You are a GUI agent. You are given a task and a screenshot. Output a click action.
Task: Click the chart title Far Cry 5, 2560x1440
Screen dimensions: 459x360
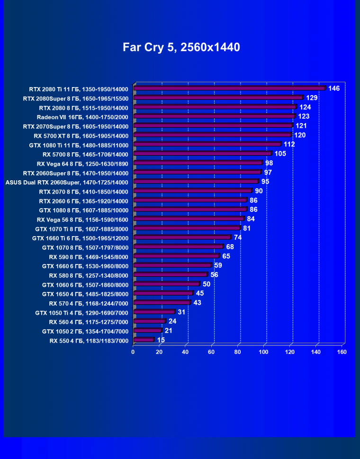[181, 47]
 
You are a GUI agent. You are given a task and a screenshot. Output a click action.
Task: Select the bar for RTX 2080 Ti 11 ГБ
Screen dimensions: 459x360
[230, 88]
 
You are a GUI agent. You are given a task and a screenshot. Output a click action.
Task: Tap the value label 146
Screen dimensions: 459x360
[334, 88]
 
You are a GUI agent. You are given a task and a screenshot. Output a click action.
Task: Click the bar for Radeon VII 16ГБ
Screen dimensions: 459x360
[215, 116]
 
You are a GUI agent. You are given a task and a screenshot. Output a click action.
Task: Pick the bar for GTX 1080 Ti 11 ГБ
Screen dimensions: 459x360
[207, 144]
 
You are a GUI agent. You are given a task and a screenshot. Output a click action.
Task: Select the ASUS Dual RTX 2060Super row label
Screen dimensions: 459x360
[67, 182]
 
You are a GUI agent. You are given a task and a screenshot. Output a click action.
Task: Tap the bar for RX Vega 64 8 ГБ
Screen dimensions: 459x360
[198, 163]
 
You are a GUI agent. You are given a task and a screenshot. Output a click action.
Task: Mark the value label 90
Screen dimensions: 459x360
[259, 191]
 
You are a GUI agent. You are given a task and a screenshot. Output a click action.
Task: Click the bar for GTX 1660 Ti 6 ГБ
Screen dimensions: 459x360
[182, 237]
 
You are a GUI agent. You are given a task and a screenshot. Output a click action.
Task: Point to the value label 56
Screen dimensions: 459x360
[214, 274]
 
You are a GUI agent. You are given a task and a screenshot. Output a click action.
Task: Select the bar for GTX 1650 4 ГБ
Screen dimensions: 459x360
[163, 293]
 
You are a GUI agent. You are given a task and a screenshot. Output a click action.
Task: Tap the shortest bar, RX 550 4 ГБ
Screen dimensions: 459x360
[144, 340]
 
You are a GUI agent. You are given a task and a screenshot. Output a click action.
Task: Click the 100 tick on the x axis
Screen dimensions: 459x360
[264, 352]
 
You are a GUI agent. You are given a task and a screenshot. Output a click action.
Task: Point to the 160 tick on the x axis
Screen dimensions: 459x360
[342, 352]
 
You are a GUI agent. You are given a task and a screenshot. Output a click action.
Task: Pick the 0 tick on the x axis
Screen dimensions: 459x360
[133, 352]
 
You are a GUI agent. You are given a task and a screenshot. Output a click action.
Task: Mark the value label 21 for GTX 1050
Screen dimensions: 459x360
[168, 330]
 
